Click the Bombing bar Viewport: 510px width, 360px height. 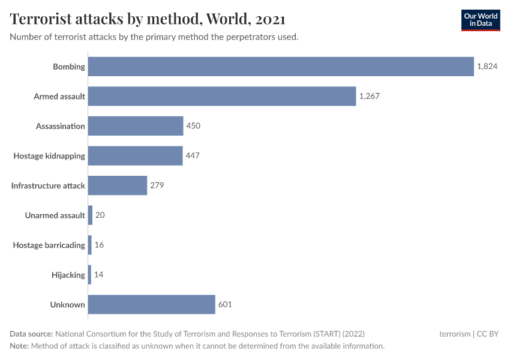[281, 67]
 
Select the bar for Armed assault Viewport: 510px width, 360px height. [222, 96]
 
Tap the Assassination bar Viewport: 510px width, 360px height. [136, 126]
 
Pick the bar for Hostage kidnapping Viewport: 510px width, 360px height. [135, 156]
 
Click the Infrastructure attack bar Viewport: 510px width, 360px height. [118, 185]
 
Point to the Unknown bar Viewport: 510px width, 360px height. [152, 304]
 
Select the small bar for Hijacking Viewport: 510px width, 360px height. [89, 275]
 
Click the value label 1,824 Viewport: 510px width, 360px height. [487, 67]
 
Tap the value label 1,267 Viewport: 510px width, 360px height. [370, 96]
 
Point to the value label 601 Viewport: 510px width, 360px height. [225, 304]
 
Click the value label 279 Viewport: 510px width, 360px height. [157, 185]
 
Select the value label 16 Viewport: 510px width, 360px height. [100, 245]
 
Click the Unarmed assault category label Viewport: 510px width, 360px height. [55, 215]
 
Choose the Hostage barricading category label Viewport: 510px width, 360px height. [49, 245]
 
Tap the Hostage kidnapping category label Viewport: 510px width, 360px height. [49, 156]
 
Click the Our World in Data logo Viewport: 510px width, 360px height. [480, 20]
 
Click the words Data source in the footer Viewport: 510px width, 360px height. [31, 334]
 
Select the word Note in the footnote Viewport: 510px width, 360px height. [19, 346]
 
